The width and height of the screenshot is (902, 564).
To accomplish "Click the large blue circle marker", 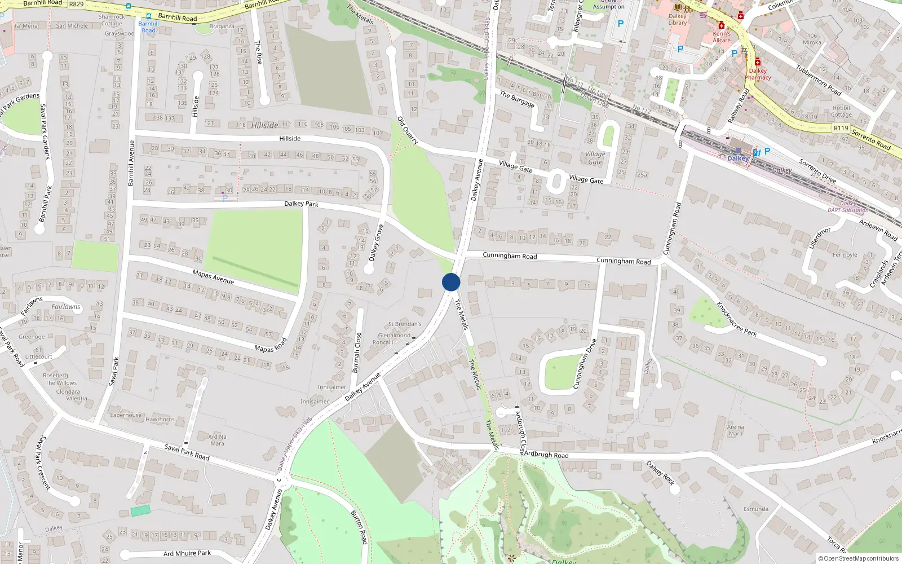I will [451, 282].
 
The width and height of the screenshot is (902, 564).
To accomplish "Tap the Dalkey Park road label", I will [301, 204].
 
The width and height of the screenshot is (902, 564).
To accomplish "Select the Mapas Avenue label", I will [213, 277].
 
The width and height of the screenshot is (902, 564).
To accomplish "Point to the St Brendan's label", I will [404, 324].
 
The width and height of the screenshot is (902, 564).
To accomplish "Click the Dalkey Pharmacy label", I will [758, 74].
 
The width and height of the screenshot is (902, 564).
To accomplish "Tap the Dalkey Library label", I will [678, 19].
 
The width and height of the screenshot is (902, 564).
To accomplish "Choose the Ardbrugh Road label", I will [546, 455].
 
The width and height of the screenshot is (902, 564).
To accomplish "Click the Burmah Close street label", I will [356, 352].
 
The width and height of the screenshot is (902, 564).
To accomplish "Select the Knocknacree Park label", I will [736, 319].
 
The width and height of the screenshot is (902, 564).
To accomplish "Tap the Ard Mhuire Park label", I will [187, 553].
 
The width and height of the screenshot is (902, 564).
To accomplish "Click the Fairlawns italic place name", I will [66, 307].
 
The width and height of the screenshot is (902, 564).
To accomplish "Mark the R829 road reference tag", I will [76, 4].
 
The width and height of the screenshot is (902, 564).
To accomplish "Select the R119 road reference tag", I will [841, 128].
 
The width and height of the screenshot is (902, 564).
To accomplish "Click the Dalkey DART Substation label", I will [848, 207].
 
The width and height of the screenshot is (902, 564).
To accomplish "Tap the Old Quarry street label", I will [408, 130].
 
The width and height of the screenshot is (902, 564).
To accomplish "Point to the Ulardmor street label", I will [820, 237].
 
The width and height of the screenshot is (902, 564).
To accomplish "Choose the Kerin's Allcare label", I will [722, 37].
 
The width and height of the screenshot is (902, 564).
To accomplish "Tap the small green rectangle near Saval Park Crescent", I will [140, 511].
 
